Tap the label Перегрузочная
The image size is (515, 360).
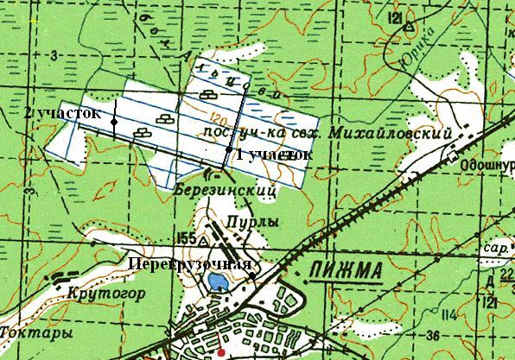coord(190,262)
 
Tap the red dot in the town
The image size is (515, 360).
coord(221,352)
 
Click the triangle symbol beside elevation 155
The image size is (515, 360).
coord(201,235)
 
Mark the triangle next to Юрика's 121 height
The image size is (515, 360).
coord(406,28)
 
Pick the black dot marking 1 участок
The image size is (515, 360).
coord(228,151)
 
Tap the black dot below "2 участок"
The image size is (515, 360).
coord(113,123)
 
